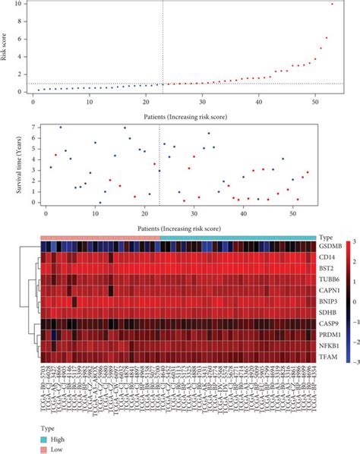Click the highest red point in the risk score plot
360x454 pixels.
pyautogui.click(x=332, y=5)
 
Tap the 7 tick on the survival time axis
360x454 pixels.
pyautogui.click(x=26, y=126)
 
